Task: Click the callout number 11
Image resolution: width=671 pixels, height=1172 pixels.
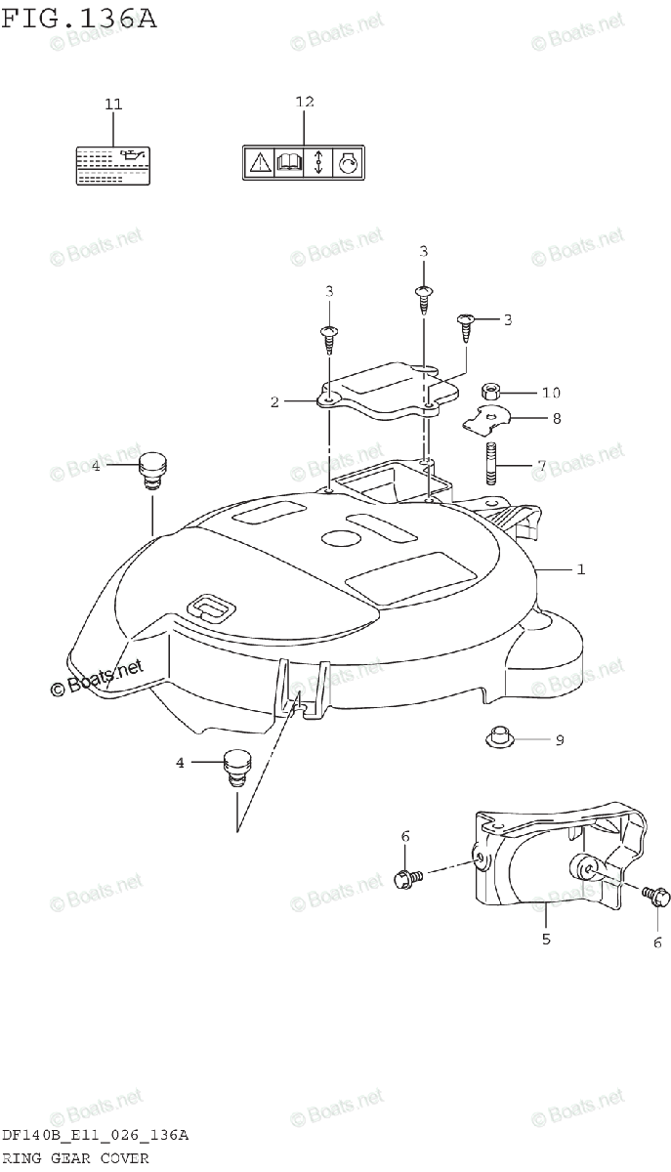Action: click(113, 104)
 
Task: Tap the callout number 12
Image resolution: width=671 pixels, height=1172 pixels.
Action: click(304, 102)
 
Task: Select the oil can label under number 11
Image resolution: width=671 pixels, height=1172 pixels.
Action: click(112, 163)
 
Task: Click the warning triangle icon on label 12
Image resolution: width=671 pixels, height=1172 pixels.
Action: click(260, 162)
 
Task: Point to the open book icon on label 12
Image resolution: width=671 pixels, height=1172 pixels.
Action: click(289, 162)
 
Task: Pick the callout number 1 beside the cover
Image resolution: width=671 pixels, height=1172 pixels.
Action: click(580, 568)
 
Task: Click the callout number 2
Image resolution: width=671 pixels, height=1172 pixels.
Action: click(275, 401)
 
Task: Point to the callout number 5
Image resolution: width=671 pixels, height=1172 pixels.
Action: click(546, 939)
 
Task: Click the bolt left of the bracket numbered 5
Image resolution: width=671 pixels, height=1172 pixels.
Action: click(406, 878)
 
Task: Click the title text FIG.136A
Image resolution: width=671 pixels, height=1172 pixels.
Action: click(78, 18)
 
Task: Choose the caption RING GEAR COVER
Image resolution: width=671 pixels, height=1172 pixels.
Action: click(75, 1158)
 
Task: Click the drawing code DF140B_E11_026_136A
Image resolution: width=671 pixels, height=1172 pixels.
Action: click(95, 1136)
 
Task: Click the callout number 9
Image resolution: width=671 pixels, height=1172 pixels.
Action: click(560, 740)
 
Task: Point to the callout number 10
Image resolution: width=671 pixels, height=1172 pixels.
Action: click(551, 393)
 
